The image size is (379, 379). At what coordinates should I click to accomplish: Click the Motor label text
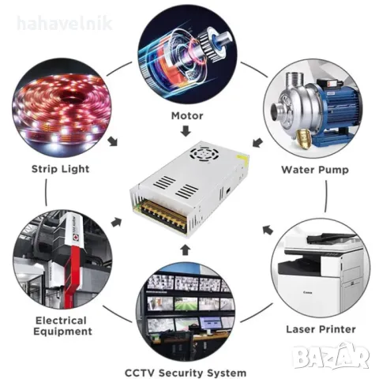187,116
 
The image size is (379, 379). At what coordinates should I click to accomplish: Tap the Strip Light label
61,169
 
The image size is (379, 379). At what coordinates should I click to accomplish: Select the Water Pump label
315,170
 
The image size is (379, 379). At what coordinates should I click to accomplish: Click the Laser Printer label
321,329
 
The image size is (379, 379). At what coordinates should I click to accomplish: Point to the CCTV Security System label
186,373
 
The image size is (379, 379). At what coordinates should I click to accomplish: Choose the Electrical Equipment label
62,326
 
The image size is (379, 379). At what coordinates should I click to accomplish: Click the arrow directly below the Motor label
186,131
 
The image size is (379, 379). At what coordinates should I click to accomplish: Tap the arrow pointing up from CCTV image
186,250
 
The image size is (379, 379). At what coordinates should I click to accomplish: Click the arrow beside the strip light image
114,141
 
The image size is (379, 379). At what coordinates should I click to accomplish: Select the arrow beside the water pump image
257,143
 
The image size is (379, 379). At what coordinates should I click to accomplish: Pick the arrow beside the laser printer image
268,230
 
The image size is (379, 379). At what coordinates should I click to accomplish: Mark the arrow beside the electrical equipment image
116,223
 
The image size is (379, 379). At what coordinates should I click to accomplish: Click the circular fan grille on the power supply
205,153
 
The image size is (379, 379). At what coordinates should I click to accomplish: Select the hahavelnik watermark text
65,24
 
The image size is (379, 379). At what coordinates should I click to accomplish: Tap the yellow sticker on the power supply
242,158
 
